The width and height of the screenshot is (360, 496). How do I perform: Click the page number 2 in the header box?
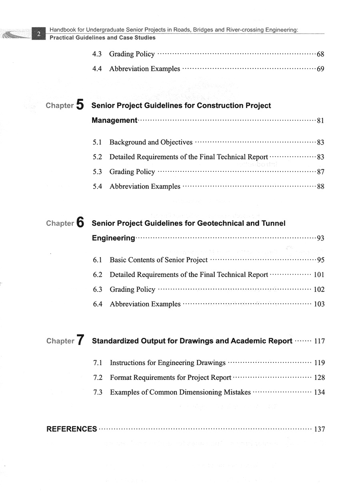[x=39, y=34]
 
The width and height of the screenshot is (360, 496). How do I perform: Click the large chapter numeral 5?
[x=80, y=105]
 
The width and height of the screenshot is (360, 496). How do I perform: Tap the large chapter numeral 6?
[x=80, y=223]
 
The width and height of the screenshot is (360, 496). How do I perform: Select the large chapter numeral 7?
[x=80, y=341]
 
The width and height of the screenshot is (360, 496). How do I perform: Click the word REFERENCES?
[x=72, y=429]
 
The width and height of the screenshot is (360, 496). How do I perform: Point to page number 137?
[x=320, y=429]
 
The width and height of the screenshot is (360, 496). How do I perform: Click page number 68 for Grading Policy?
[x=320, y=54]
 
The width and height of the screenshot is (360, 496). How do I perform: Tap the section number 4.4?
[x=97, y=69]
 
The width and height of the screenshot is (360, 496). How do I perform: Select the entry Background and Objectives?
[x=151, y=142]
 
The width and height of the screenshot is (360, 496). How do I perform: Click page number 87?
[x=320, y=172]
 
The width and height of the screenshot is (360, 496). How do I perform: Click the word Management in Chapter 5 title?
[x=114, y=120]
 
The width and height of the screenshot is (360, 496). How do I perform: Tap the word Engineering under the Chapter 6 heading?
[x=114, y=238]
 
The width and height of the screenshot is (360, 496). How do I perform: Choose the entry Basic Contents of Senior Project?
[x=158, y=260]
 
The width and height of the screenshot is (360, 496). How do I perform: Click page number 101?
[x=319, y=275]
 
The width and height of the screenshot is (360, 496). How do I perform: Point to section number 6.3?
[x=98, y=289]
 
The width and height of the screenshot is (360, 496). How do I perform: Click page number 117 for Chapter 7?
[x=320, y=341]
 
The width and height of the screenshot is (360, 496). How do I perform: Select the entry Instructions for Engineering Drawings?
[x=168, y=363]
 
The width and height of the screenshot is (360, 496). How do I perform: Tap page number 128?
[x=320, y=378]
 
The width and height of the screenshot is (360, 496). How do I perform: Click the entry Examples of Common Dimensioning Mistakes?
[x=180, y=392]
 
